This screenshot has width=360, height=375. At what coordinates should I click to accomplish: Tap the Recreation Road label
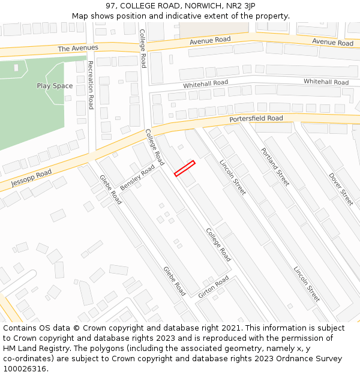click(91, 85)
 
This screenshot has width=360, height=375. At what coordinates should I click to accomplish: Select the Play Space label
click(55, 86)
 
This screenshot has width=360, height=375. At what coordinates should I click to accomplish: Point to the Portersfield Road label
click(256, 119)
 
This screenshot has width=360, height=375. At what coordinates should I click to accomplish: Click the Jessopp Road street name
click(31, 178)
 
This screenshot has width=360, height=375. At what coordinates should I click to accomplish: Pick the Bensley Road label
click(137, 177)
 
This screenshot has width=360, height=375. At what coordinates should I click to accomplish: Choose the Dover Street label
click(341, 189)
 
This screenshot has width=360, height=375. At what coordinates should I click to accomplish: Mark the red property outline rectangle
click(185, 169)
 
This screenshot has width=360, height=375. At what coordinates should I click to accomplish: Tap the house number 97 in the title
click(110, 5)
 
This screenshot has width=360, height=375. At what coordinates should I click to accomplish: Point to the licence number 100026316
click(25, 369)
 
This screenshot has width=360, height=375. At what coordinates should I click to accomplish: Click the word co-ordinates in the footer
click(26, 359)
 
